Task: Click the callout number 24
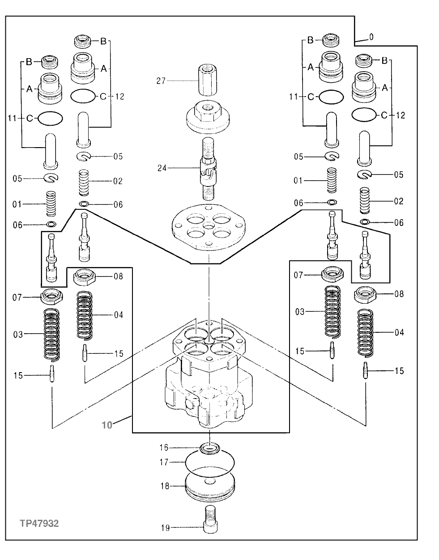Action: coord(162,168)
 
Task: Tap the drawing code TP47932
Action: coord(39,523)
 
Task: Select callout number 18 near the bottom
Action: coord(165,485)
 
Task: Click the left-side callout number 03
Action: coord(18,334)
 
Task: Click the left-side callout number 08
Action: coord(118,276)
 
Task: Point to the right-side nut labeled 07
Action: coord(332,273)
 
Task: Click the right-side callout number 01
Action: coord(298,180)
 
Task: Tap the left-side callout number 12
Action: coord(119,96)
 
